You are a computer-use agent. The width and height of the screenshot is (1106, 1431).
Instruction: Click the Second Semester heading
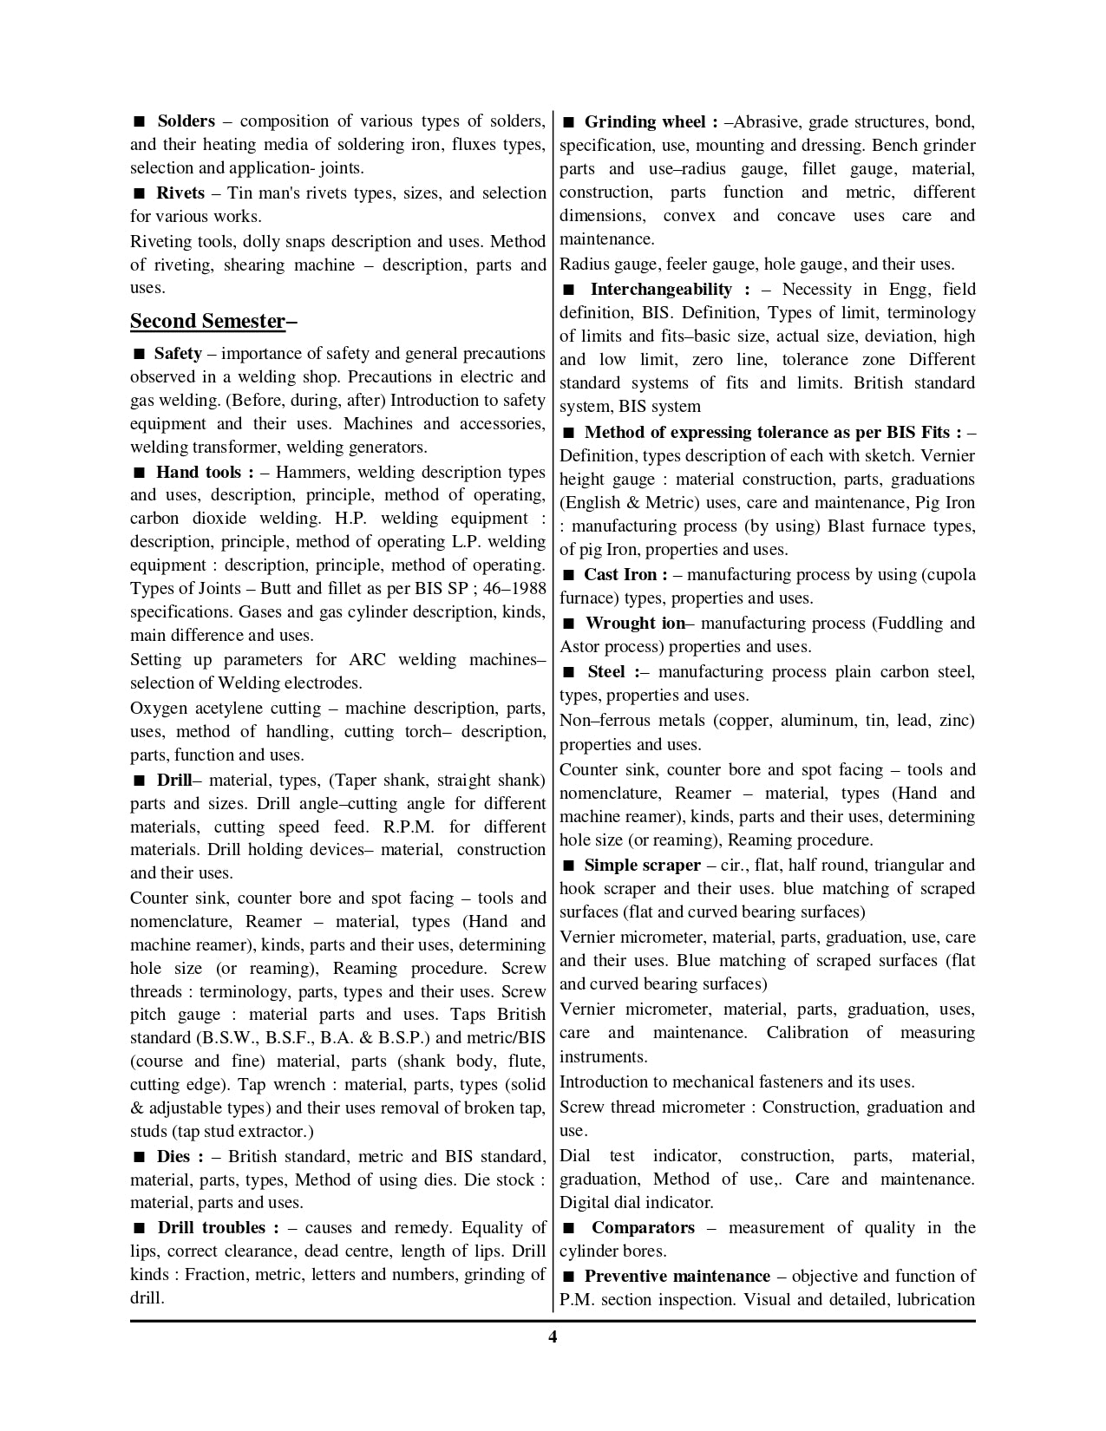click(207, 321)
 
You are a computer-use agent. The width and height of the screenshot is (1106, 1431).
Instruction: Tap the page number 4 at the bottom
click(553, 1336)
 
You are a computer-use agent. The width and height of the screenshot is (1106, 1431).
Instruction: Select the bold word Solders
click(186, 121)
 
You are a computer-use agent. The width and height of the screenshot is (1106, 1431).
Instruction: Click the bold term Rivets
click(180, 193)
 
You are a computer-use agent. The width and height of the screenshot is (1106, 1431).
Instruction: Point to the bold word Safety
click(178, 354)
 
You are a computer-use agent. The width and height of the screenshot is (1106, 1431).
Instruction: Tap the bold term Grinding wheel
click(645, 121)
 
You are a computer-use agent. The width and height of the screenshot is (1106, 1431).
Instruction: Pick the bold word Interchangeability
click(661, 290)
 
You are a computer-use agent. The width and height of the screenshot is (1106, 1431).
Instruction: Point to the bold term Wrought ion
click(635, 624)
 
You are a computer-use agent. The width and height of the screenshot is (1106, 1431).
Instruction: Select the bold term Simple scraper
click(642, 866)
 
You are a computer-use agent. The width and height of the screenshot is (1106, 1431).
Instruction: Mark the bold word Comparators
click(643, 1228)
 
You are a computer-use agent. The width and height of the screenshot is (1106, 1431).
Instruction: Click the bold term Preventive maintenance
click(677, 1277)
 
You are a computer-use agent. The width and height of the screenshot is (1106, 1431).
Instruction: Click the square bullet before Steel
click(569, 672)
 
